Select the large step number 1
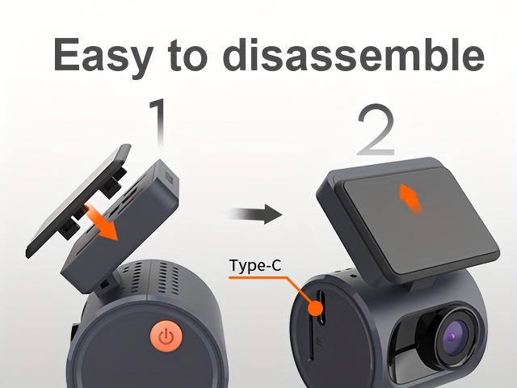pyautogui.click(x=158, y=123)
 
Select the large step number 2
pyautogui.click(x=376, y=129)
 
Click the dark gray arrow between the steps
pyautogui.click(x=256, y=214)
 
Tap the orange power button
pyautogui.click(x=166, y=335)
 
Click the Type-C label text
pyautogui.click(x=255, y=265)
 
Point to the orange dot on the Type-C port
pyautogui.click(x=315, y=309)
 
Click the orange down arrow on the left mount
pyautogui.click(x=102, y=222)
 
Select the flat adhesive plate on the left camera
pyautogui.click(x=78, y=200)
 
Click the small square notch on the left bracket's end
pyautogui.click(x=169, y=178)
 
